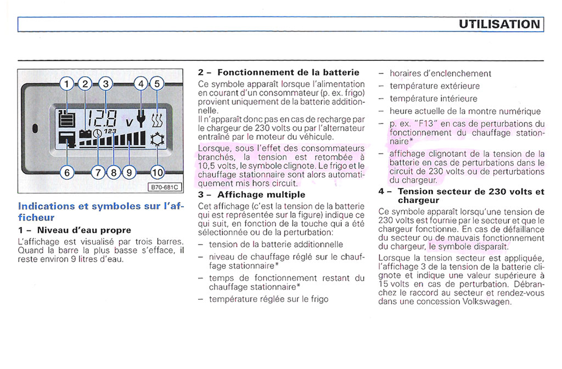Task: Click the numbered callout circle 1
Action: [66, 84]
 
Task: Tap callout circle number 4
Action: [141, 84]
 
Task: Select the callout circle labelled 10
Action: [158, 172]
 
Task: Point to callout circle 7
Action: [98, 172]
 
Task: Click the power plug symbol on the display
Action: [141, 118]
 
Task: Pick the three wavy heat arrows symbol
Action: [157, 118]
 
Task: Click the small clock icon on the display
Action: [97, 133]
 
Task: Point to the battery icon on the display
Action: [85, 133]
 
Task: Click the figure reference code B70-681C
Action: [165, 187]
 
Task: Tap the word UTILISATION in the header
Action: [499, 24]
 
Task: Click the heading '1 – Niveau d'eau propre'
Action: [75, 230]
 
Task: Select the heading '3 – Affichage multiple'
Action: [251, 195]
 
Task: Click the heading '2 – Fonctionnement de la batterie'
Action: [278, 72]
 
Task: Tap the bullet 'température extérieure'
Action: [435, 86]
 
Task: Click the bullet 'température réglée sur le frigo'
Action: [268, 299]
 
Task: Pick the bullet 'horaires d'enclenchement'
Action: [440, 73]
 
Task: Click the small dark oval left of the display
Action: [35, 129]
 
